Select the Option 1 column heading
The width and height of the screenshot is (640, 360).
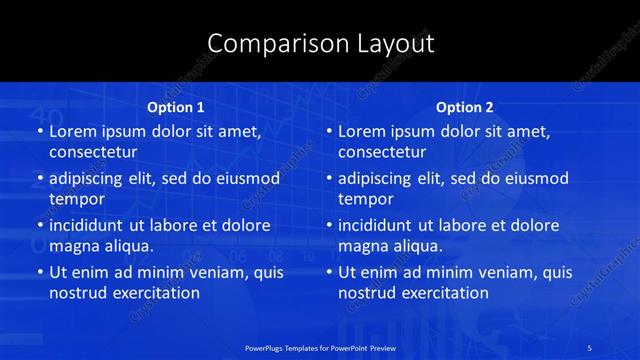(x=176, y=107)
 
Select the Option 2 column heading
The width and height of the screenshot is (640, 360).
(x=465, y=107)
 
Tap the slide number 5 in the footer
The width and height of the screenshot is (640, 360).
(x=590, y=347)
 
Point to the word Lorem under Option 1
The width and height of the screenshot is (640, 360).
(x=71, y=131)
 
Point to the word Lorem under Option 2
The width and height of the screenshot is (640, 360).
(x=360, y=131)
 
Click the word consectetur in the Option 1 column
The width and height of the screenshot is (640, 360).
(x=93, y=153)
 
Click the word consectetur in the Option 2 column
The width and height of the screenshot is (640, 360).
(x=382, y=153)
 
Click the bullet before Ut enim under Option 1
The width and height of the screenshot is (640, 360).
(x=38, y=272)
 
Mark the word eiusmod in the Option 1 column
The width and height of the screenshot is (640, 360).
(x=245, y=179)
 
